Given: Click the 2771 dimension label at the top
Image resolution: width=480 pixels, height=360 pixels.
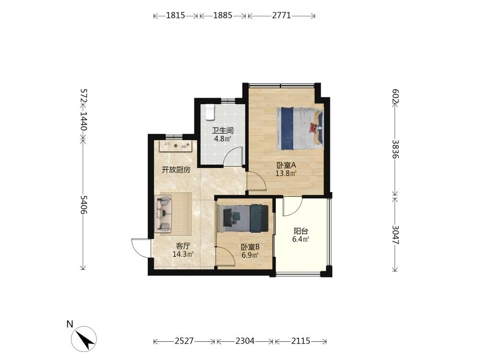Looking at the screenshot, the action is click(282, 15).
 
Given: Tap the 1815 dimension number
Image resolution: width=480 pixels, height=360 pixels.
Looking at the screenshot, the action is click(176, 15).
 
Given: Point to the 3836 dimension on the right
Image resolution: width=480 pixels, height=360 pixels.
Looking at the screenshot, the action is click(396, 149).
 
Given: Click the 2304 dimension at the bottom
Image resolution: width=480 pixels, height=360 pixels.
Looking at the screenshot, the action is click(245, 341).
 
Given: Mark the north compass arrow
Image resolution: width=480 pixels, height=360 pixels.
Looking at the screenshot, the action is click(84, 339).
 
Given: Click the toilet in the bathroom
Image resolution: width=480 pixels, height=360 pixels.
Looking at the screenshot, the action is click(210, 112).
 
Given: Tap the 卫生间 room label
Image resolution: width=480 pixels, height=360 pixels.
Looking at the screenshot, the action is click(223, 131).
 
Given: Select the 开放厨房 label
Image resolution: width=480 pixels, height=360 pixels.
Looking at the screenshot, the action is click(176, 169).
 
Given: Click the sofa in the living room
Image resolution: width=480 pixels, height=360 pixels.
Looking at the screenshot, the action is click(164, 214).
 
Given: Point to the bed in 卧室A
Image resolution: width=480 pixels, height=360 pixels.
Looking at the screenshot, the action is click(300, 128).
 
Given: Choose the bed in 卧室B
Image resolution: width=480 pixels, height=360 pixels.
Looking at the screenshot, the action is click(244, 218).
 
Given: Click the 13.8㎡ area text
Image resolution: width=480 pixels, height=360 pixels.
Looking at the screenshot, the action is click(286, 174).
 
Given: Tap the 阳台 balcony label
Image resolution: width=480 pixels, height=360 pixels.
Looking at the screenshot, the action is click(300, 231).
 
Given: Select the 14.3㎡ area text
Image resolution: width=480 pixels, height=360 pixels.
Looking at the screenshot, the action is click(183, 254).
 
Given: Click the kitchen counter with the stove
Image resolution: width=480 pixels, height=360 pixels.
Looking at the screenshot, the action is click(175, 146).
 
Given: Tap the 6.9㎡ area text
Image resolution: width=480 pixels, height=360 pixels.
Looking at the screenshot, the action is click(250, 255).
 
